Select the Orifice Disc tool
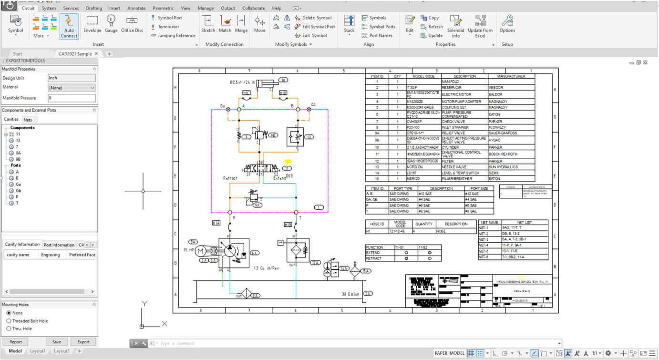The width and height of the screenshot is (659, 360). click(132, 24)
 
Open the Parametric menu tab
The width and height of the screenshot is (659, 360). click(163, 8)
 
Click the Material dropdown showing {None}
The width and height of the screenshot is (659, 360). click(72, 88)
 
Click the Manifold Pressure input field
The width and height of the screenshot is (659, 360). click(72, 98)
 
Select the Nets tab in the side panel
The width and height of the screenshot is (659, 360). click(28, 120)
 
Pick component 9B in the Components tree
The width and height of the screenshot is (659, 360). click(18, 159)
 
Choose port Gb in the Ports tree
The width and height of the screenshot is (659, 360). click(18, 191)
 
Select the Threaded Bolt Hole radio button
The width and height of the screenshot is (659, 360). click(9, 321)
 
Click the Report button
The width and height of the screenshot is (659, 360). click(16, 342)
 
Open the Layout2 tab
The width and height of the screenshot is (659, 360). click(62, 351)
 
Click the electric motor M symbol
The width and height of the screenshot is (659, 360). click(201, 251)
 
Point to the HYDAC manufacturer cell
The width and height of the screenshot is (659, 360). click(496, 140)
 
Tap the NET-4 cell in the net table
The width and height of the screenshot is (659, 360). click(489, 245)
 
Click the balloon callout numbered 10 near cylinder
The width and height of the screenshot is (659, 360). click(283, 80)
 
